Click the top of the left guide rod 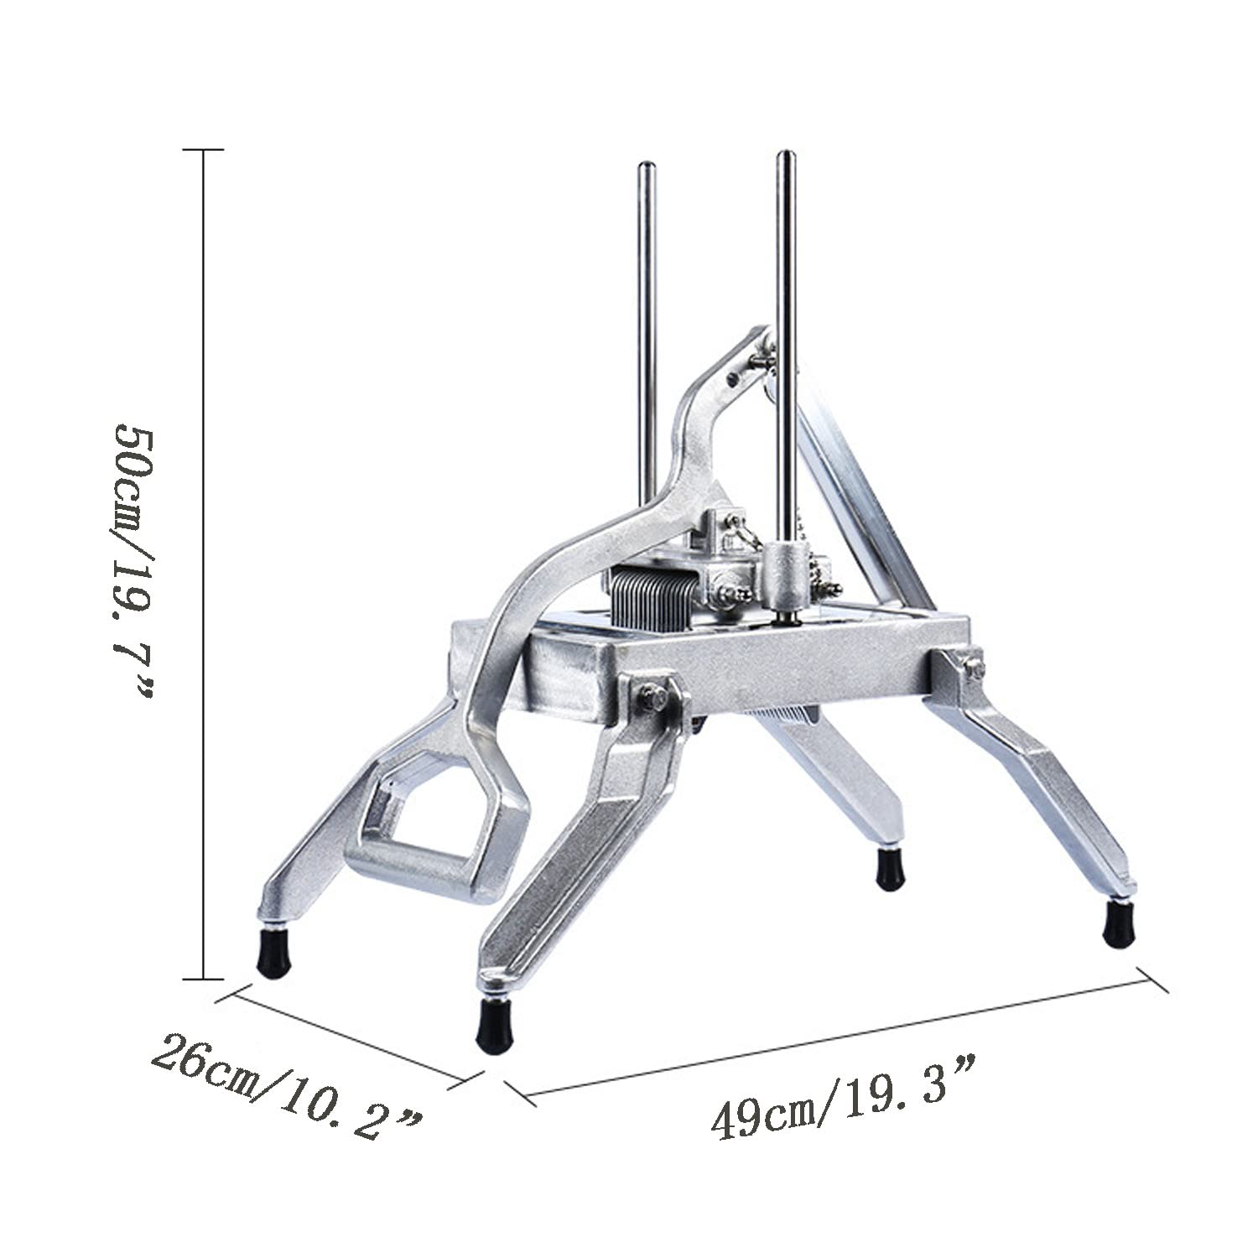tap(647, 164)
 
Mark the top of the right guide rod tap(786, 154)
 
